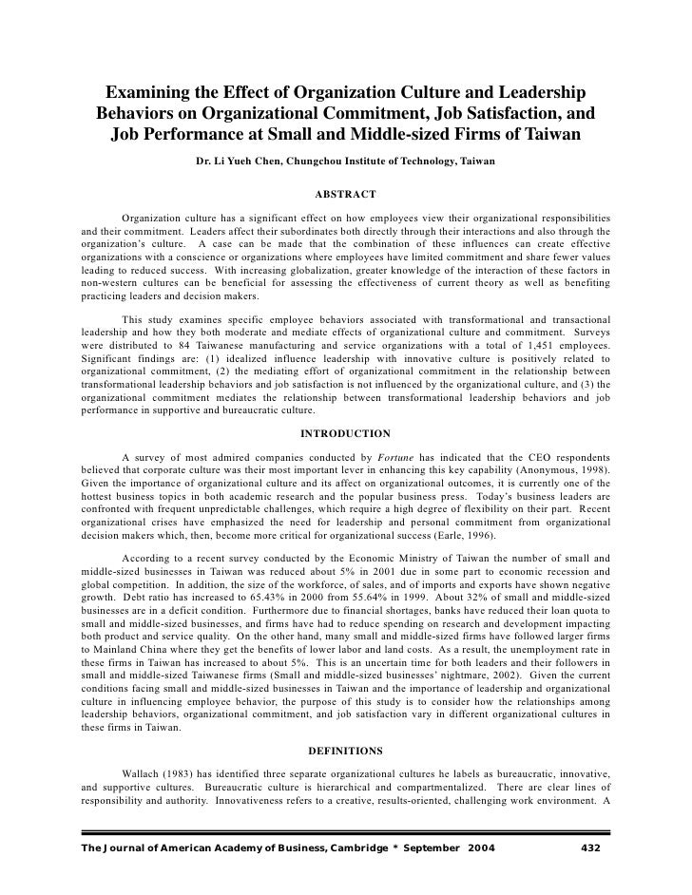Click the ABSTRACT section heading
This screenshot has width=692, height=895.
click(345, 196)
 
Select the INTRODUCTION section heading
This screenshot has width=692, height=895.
click(345, 433)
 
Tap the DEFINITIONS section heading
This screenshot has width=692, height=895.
click(345, 751)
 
